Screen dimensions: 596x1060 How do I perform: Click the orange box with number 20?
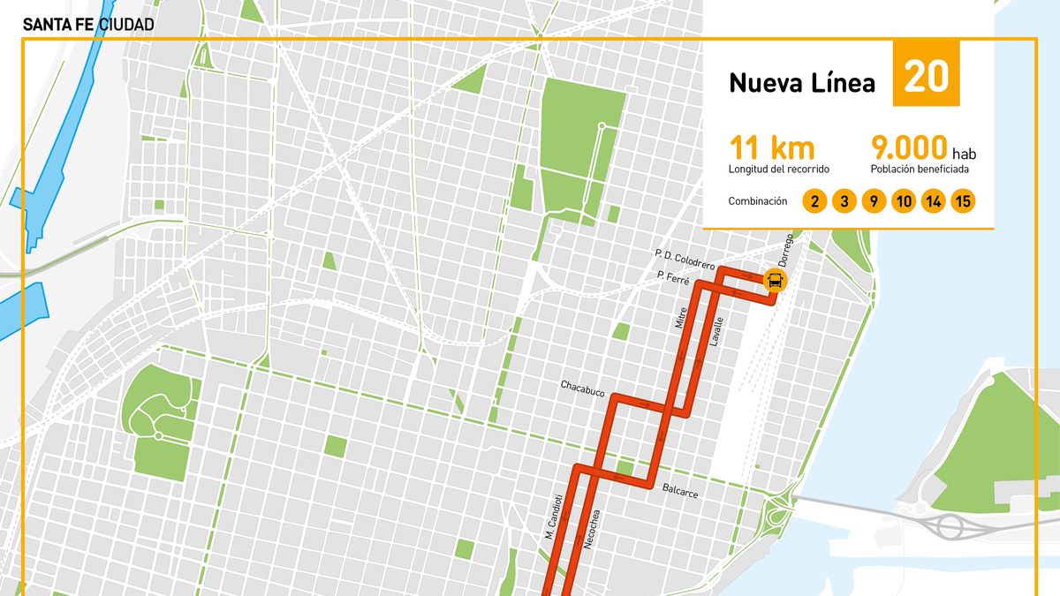click(926, 73)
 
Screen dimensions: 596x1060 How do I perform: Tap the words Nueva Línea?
click(801, 83)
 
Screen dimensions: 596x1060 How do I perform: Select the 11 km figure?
click(771, 147)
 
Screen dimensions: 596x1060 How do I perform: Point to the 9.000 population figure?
click(909, 147)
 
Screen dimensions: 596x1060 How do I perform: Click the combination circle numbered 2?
click(814, 202)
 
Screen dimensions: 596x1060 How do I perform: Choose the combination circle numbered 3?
click(844, 202)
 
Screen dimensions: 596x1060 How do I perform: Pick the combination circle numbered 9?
click(873, 202)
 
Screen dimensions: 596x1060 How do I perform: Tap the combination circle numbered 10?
click(903, 202)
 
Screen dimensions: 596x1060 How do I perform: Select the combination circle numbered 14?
click(933, 202)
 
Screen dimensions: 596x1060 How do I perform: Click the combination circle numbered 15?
click(963, 202)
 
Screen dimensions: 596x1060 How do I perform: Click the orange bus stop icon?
click(775, 281)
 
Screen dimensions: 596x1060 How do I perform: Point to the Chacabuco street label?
click(582, 386)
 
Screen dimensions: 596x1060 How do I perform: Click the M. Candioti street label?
click(553, 517)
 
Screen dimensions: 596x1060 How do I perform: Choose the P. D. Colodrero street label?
click(684, 259)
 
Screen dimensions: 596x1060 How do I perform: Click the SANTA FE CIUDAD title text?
click(88, 25)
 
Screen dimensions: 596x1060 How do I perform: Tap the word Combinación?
click(757, 201)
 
